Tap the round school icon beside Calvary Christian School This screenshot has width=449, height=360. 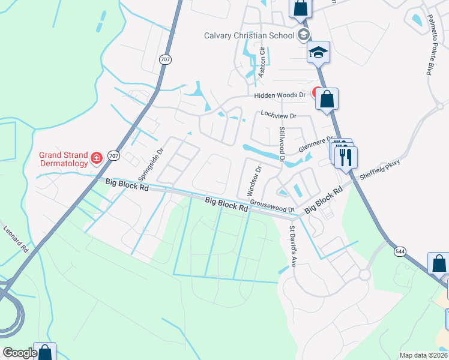click(x=304, y=34)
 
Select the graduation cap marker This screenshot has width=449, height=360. click(x=319, y=53)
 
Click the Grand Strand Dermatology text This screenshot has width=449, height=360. click(x=64, y=158)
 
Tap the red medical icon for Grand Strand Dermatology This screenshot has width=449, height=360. click(x=97, y=158)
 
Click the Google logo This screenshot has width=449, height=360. click(x=20, y=353)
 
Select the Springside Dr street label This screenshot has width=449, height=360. click(x=151, y=166)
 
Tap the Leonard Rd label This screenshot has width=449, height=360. click(x=16, y=238)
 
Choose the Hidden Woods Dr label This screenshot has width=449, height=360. click(x=280, y=95)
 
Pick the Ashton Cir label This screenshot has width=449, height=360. click(x=262, y=59)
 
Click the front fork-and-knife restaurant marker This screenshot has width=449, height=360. click(x=348, y=158)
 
